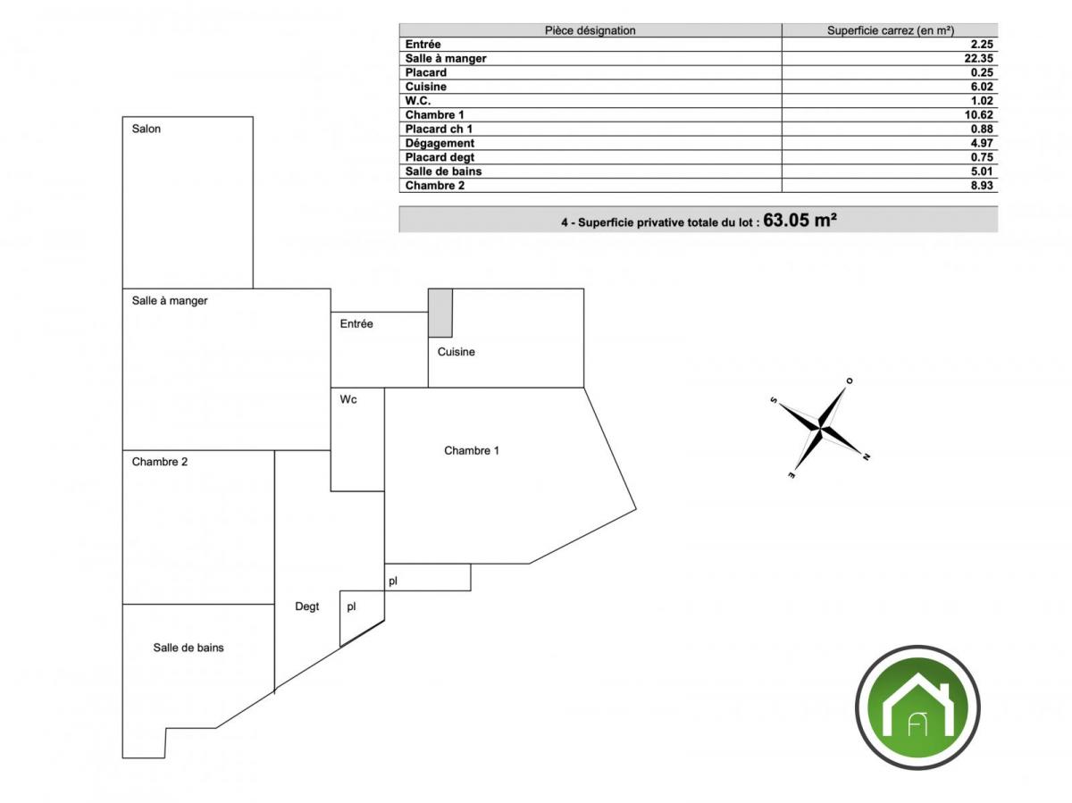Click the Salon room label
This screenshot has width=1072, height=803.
(x=146, y=129)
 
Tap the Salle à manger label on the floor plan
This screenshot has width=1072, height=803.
(x=170, y=301)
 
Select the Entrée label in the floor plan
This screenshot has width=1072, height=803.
(x=356, y=323)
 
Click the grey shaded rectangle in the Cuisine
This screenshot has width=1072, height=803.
(x=440, y=313)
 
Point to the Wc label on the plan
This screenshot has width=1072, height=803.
(x=348, y=399)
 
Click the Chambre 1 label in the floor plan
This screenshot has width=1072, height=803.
(x=472, y=450)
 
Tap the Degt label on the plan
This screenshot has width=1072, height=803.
(x=306, y=606)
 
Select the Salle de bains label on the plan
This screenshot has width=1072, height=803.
(x=188, y=648)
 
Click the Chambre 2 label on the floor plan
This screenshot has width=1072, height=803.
(x=160, y=462)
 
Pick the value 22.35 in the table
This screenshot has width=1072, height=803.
(x=979, y=59)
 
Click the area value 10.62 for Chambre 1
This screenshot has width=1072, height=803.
(x=979, y=115)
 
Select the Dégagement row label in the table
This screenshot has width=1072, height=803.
(x=440, y=144)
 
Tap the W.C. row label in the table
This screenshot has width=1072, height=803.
(x=417, y=101)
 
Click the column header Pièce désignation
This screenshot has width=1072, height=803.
(x=590, y=30)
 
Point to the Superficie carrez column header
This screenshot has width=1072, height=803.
(x=891, y=30)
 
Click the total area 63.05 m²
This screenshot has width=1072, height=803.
(x=800, y=220)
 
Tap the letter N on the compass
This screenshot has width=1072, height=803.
(x=866, y=457)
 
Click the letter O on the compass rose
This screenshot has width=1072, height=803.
(x=850, y=381)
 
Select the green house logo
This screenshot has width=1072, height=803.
(x=917, y=707)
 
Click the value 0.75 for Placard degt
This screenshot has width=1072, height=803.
(x=982, y=158)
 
